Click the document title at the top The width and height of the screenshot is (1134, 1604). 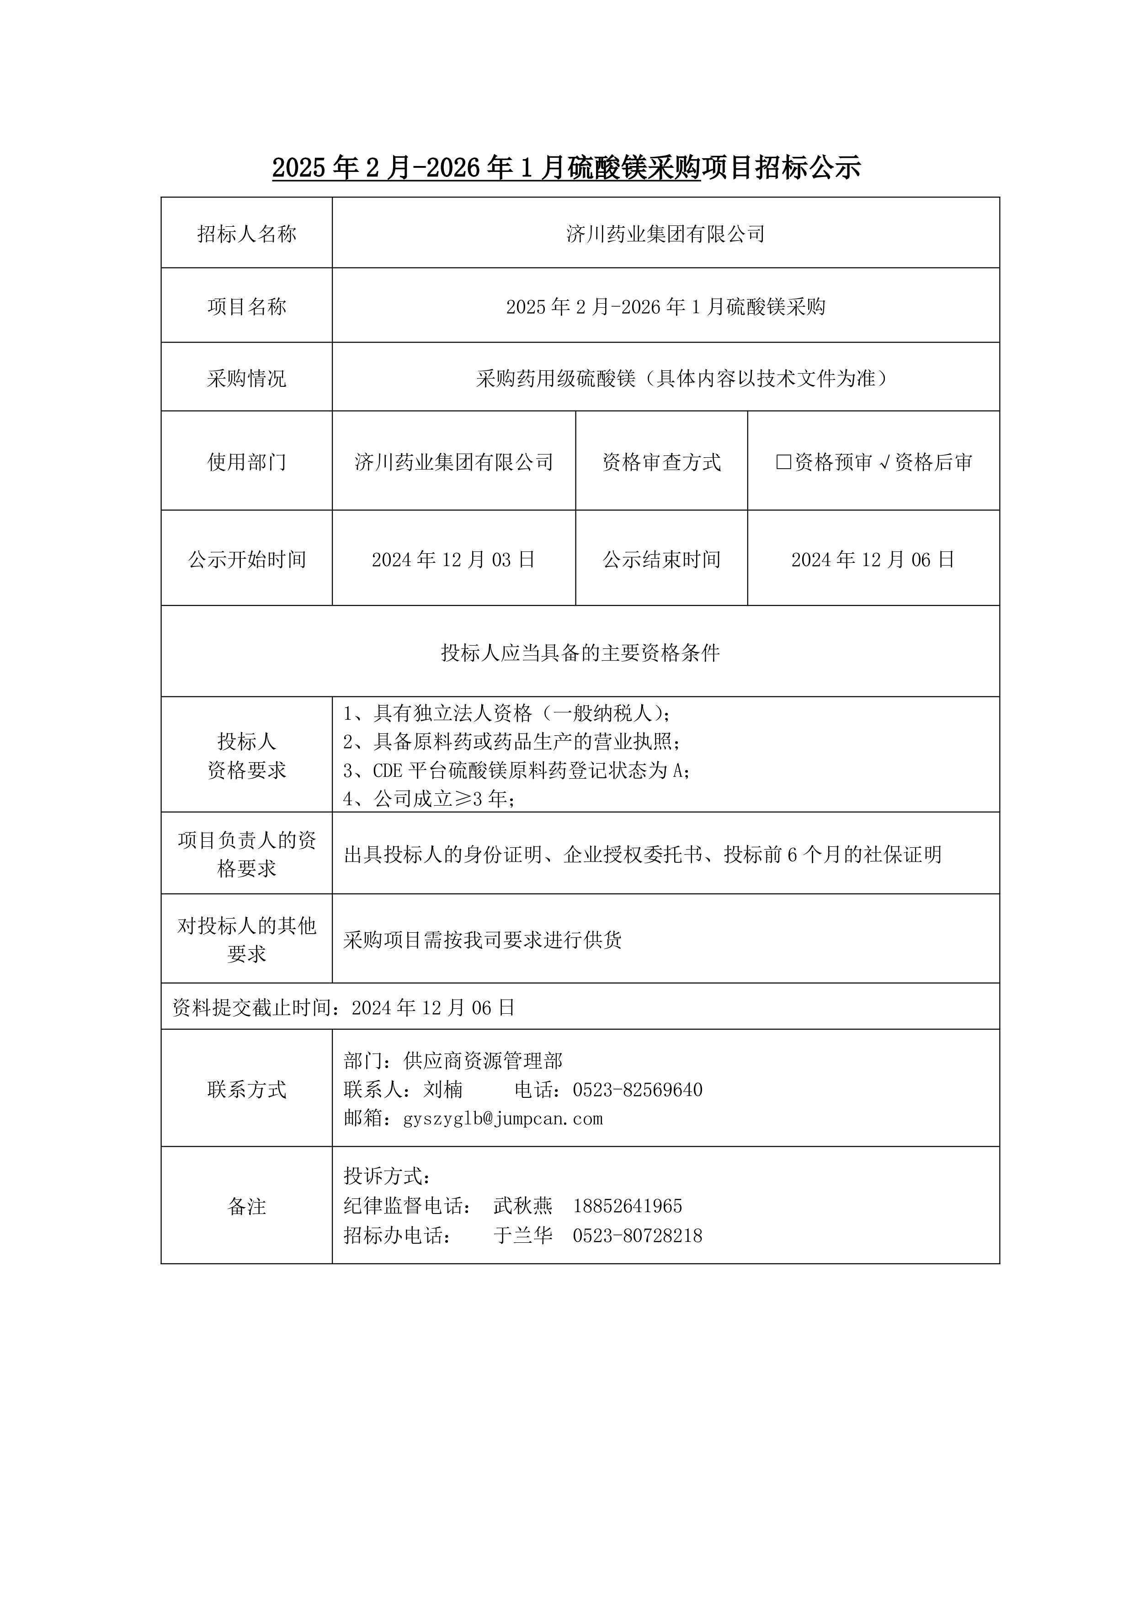coord(566,168)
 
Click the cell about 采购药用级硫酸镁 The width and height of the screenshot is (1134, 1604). coord(681,379)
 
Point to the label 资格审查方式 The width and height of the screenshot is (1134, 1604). coord(661,462)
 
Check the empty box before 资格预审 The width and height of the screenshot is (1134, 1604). coord(783,462)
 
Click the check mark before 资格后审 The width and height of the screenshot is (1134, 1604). coord(884,462)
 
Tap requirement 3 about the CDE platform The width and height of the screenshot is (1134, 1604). coord(517,770)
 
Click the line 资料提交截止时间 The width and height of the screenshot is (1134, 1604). coord(344,1007)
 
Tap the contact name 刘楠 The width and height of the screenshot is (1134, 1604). coord(443,1090)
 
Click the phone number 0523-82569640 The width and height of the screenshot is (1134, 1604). coord(638,1090)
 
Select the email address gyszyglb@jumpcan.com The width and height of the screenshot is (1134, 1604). coord(503,1118)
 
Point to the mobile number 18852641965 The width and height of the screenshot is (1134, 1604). coord(627,1206)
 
